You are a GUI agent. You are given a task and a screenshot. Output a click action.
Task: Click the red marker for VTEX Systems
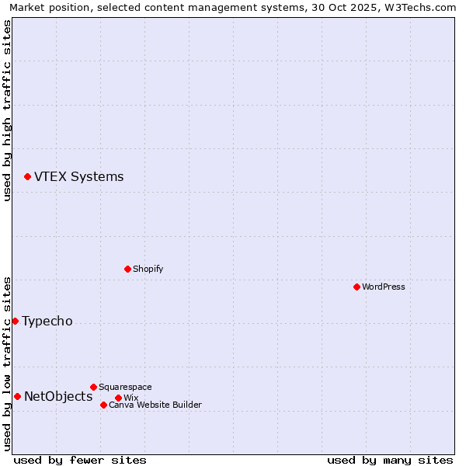[27, 177]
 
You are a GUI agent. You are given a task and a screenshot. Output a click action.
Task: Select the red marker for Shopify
[127, 269]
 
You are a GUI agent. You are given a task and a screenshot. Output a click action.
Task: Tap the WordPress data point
[356, 287]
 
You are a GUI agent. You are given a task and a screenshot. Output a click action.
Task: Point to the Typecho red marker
[15, 321]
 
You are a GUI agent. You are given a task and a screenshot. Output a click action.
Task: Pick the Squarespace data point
[93, 387]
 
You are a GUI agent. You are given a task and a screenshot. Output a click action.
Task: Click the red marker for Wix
[118, 398]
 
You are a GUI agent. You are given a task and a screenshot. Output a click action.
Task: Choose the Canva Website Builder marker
[103, 405]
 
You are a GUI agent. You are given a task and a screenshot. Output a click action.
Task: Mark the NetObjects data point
[17, 396]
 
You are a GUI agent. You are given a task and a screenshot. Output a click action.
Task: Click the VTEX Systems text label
[78, 176]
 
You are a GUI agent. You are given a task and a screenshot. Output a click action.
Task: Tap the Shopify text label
[148, 269]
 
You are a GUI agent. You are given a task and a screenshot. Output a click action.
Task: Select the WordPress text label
[383, 287]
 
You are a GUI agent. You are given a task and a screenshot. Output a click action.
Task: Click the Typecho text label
[47, 322]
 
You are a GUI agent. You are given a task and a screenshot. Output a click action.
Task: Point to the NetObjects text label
[58, 397]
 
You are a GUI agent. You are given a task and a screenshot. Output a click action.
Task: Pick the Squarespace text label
[125, 387]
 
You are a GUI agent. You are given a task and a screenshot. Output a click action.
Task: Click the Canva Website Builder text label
[155, 405]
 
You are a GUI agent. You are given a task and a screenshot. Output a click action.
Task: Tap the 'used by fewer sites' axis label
[80, 460]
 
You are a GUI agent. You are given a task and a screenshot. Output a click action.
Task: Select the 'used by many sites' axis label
[390, 460]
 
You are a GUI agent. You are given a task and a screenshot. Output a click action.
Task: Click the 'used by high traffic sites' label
[7, 110]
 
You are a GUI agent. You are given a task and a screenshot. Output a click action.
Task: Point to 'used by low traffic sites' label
[7, 363]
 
